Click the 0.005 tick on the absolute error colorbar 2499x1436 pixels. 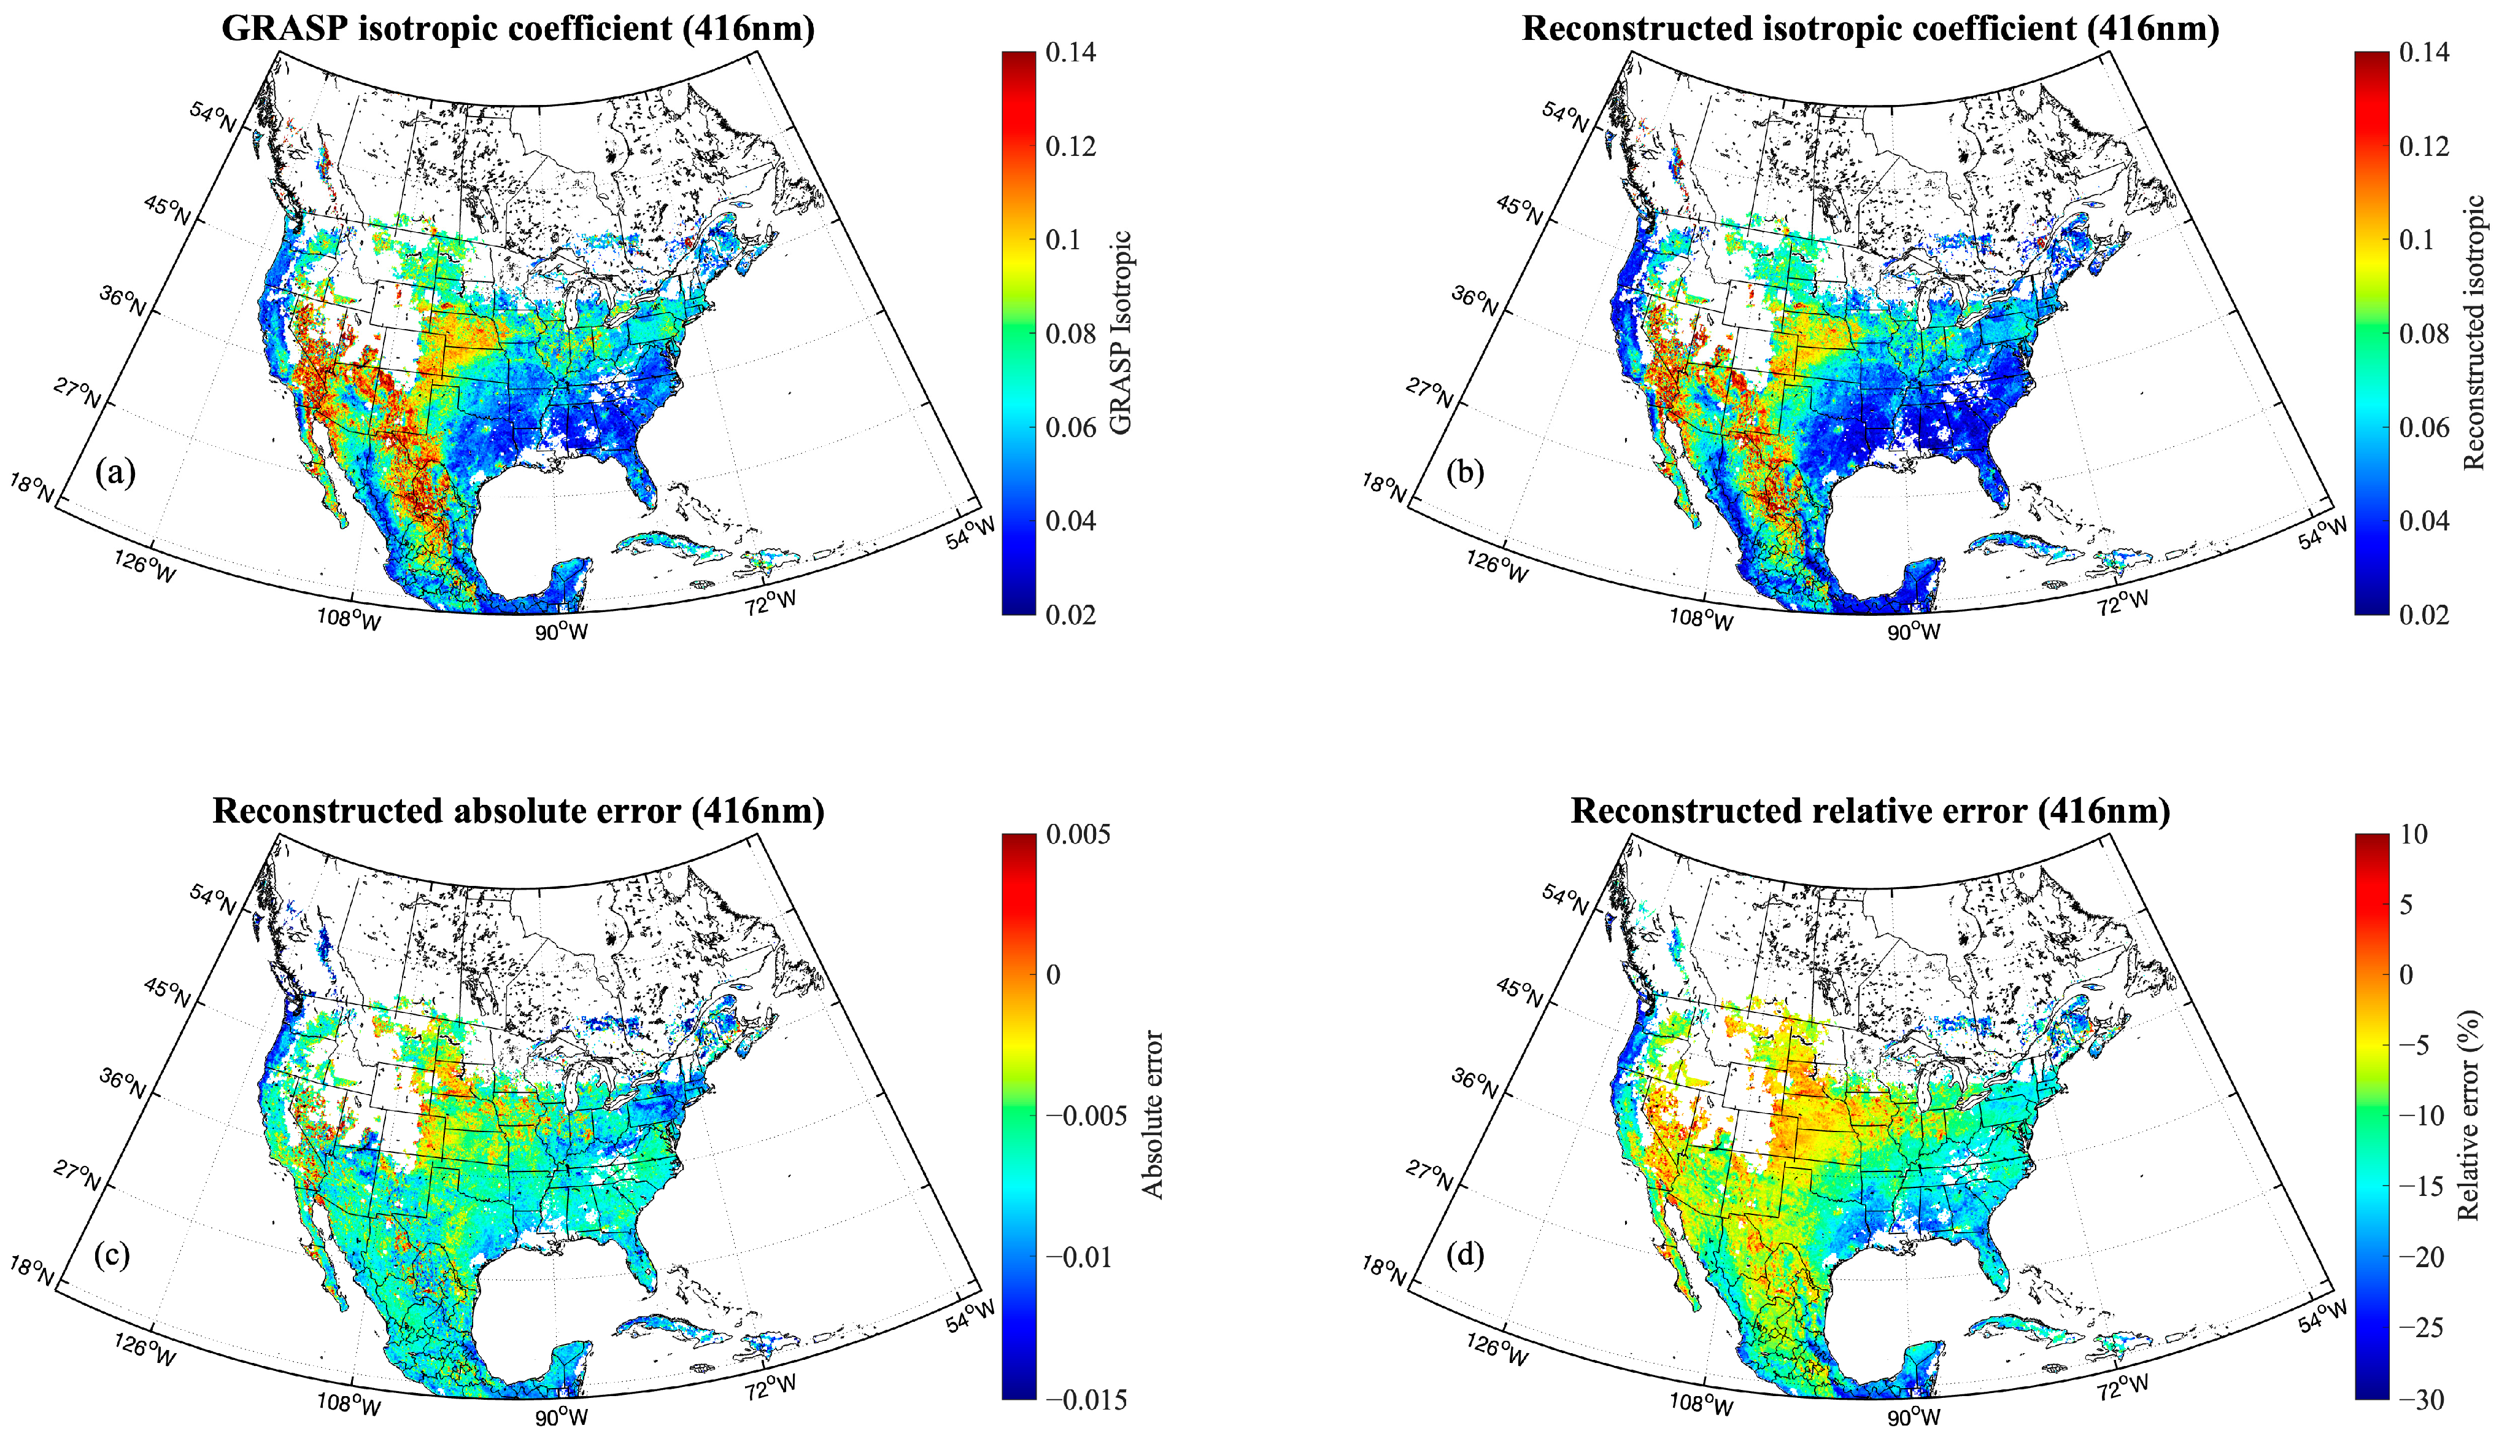click(x=1078, y=834)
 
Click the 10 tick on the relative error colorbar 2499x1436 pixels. click(x=2413, y=834)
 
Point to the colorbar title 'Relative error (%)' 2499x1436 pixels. click(x=2468, y=1114)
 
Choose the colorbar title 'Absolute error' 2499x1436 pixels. click(x=1153, y=1114)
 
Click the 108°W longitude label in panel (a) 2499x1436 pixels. click(x=349, y=621)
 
